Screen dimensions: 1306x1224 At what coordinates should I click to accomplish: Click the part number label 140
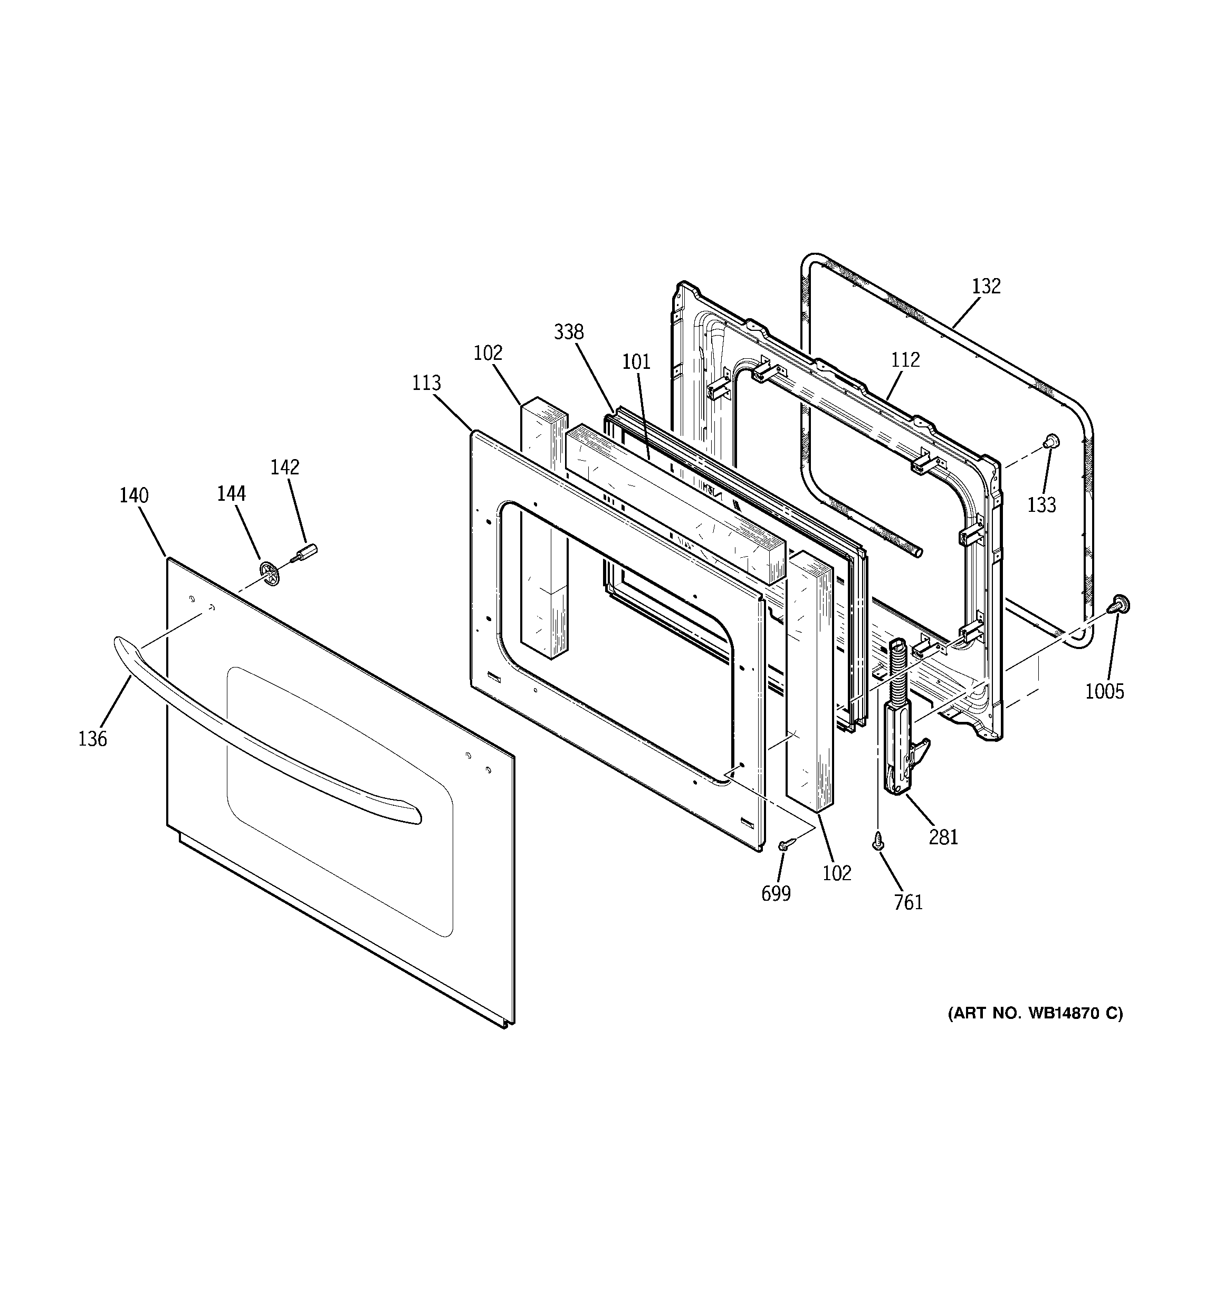point(133,495)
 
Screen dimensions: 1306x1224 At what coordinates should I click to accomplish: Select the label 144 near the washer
point(231,493)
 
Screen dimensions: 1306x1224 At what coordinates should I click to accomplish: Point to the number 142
point(284,467)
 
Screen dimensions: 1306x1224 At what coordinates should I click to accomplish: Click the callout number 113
point(426,383)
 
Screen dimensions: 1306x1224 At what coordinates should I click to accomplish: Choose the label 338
point(568,332)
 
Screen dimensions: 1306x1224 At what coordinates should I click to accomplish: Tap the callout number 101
point(636,361)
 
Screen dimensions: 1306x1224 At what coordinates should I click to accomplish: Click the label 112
point(905,359)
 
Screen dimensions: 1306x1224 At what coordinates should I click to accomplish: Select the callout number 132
point(986,286)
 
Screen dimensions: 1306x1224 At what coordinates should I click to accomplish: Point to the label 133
point(1041,504)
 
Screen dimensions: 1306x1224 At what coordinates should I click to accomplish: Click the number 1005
point(1104,691)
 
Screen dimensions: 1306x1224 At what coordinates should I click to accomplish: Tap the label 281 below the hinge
point(943,837)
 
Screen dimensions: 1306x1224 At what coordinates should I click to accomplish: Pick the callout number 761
point(908,903)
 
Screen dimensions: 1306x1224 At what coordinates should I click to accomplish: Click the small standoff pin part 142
point(307,549)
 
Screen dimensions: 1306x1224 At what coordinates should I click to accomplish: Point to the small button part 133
point(1051,440)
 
